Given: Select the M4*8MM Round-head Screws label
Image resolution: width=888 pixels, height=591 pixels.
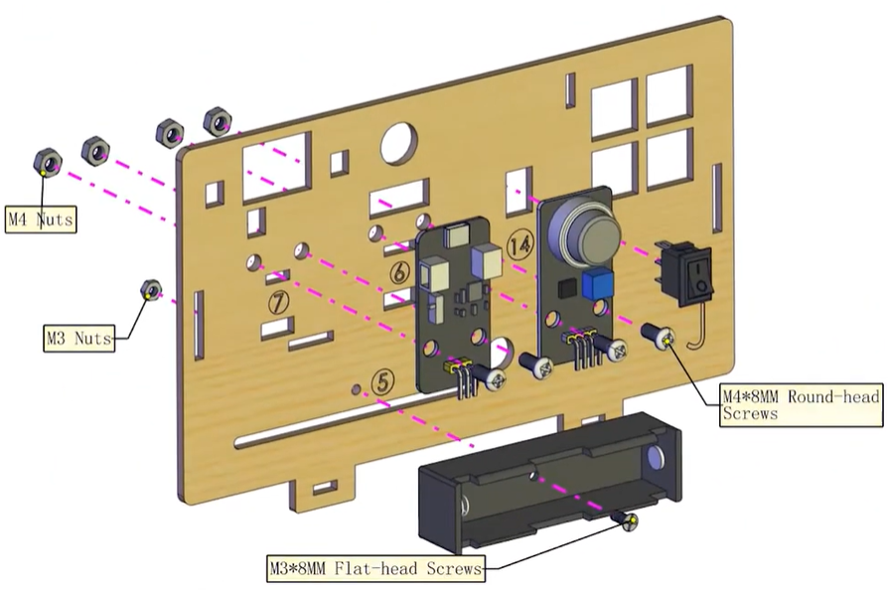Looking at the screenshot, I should [x=801, y=404].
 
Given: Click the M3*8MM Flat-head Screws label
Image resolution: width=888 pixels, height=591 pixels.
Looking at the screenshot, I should [x=376, y=569].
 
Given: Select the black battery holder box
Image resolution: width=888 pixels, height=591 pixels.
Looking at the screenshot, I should [x=550, y=483].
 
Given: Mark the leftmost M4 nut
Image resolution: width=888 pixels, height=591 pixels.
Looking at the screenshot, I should [x=48, y=159].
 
